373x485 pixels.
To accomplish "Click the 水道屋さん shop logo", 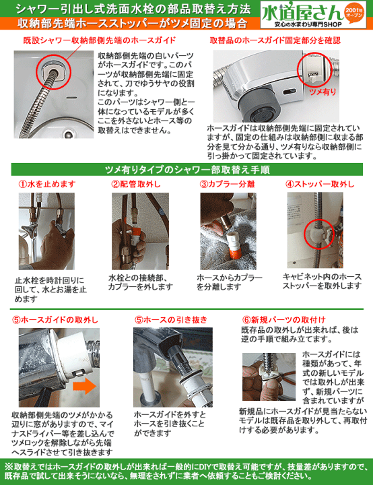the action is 313,15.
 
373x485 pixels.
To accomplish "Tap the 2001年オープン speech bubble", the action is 354,13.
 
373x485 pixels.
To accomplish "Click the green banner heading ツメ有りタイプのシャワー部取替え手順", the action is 187,170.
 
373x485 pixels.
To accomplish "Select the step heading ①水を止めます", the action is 47,185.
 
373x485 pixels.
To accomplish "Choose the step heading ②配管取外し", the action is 136,185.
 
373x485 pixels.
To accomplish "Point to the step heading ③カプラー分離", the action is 227,185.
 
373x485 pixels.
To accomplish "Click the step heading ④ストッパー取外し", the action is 320,185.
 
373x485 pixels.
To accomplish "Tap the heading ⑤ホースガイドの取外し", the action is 55,319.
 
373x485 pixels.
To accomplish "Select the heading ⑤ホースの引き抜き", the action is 171,319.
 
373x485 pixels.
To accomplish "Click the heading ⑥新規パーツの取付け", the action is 284,319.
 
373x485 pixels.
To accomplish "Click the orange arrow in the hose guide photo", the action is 85,387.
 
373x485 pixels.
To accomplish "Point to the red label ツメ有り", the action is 323,92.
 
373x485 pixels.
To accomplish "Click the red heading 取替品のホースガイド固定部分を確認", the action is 275,40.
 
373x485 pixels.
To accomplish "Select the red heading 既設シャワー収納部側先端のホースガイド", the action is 100,40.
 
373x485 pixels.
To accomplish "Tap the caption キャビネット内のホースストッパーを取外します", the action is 322,281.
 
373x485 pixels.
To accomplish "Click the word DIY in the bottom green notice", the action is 205,466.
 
